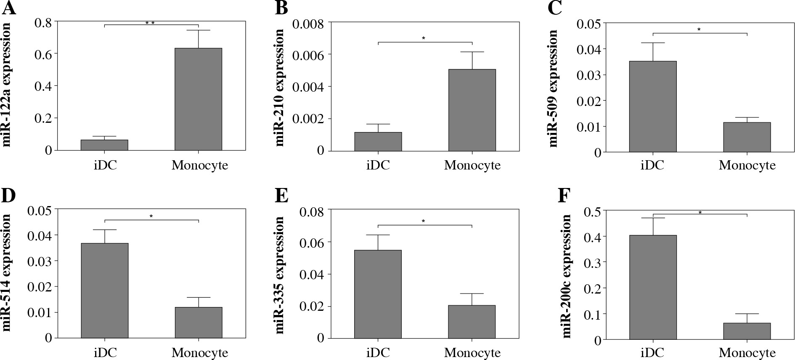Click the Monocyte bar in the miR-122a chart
click(198, 99)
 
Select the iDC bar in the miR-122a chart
click(104, 145)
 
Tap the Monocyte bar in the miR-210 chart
click(472, 110)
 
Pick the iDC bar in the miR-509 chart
click(653, 106)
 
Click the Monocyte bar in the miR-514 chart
click(198, 323)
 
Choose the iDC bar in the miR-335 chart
click(378, 294)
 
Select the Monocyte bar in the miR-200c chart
click(747, 331)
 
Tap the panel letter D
click(9, 196)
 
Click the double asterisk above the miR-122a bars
click(150, 23)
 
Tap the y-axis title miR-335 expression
click(280, 275)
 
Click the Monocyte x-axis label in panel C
click(747, 165)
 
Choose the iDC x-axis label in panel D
click(105, 352)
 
